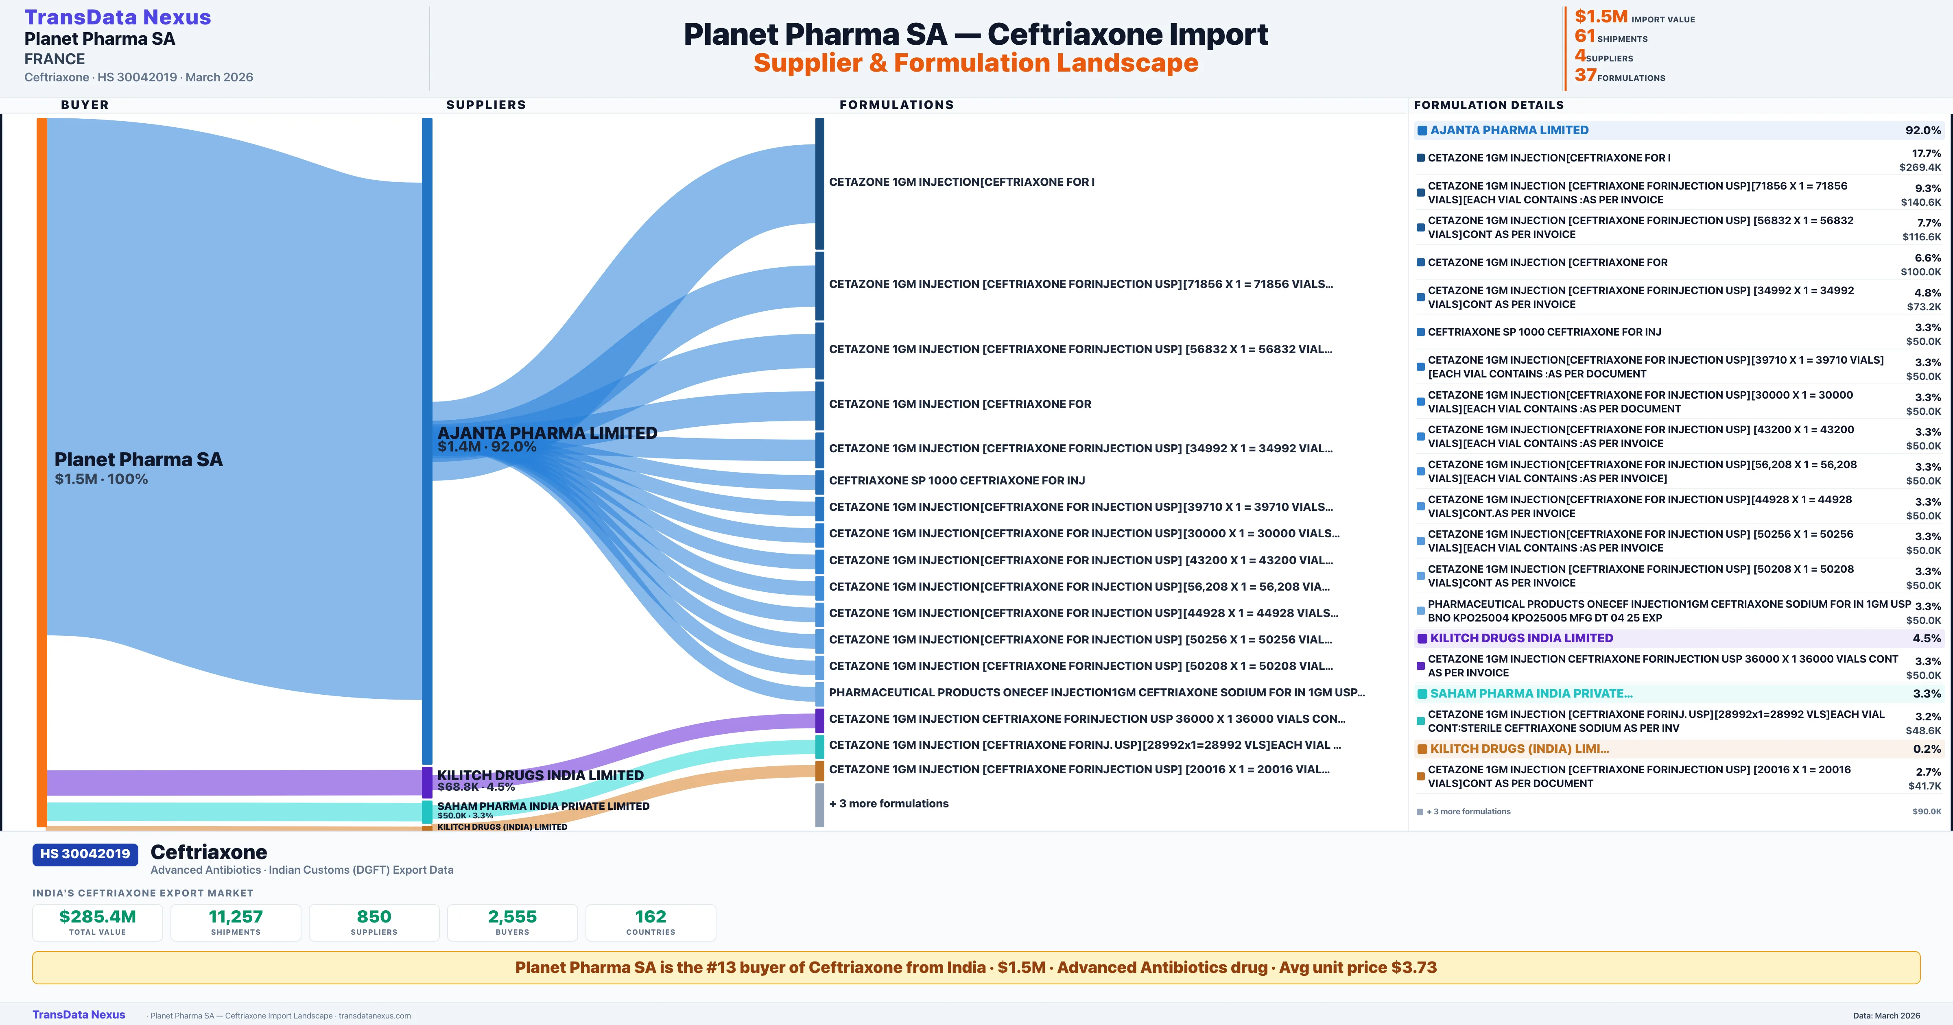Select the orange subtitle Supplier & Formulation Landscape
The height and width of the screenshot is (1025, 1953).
click(976, 63)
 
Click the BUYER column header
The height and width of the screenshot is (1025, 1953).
click(85, 105)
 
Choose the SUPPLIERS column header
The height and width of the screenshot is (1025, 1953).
click(486, 105)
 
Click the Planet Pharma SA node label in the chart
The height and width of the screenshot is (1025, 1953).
click(139, 460)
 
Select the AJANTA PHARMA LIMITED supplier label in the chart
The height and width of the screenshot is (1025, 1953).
click(546, 433)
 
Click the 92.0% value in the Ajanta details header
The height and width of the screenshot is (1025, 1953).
click(1922, 131)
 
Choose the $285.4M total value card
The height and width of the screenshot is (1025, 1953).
click(98, 922)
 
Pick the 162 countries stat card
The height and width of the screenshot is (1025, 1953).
click(651, 922)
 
